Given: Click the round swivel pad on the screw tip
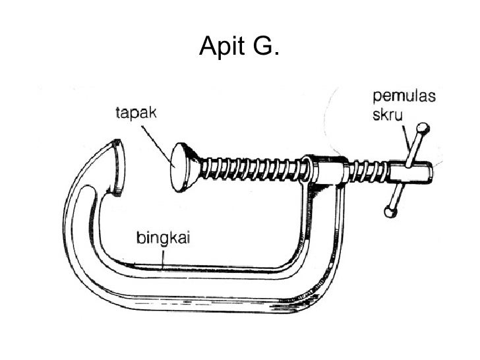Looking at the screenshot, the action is (179, 168).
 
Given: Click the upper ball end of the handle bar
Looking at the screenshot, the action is (422, 127).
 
